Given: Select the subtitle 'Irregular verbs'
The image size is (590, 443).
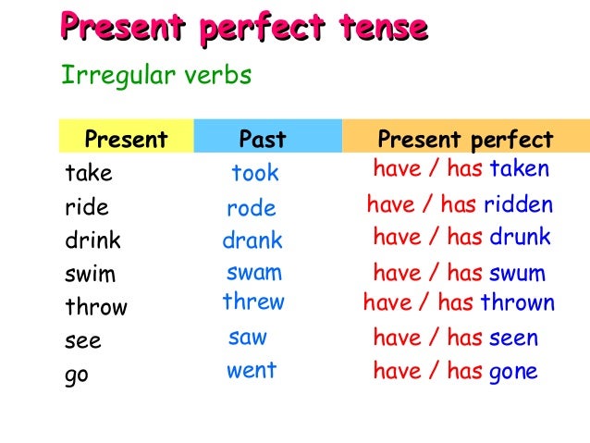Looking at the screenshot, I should tap(155, 75).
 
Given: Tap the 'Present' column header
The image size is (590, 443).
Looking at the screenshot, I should tap(126, 140).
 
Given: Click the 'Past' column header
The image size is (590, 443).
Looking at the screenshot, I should tap(263, 140).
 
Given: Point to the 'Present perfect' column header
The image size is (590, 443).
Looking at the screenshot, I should tap(465, 140).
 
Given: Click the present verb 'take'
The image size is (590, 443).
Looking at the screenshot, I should tap(88, 173).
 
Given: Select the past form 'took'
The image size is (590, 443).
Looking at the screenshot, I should tap(255, 173).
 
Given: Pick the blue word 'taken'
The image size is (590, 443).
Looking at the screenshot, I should tap(519, 169).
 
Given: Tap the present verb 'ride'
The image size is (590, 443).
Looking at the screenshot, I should tap(87, 206).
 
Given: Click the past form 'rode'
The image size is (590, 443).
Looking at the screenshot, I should tap(252, 209).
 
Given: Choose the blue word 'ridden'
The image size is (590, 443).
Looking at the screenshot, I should tap(521, 204).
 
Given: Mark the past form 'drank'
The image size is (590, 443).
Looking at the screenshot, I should tap(252, 241).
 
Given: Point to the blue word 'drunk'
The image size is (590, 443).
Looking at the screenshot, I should tap(520, 237).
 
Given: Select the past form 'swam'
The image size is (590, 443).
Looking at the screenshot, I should tap(254, 273).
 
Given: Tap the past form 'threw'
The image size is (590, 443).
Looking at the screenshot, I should tap(253, 302).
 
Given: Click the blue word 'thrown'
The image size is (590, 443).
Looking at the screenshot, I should tap(518, 302).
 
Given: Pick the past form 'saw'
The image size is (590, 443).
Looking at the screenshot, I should tap(247, 338).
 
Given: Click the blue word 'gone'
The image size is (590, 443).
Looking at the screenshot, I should tap(513, 372).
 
